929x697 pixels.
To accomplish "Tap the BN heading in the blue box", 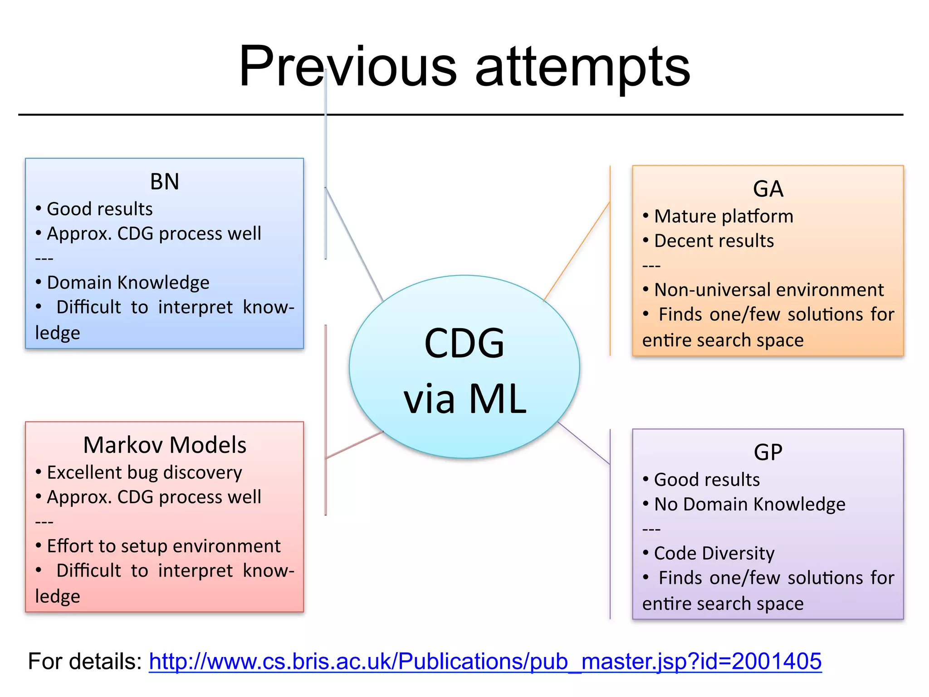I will [x=165, y=182].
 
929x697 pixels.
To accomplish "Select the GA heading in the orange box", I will [x=768, y=188].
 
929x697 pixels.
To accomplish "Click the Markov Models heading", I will [x=165, y=445].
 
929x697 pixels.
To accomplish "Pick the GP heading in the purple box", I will [x=768, y=452].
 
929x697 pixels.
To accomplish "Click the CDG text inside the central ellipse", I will [x=464, y=344].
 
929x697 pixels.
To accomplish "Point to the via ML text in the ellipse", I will [x=465, y=399].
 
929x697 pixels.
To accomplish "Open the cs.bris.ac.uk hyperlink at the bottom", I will [x=485, y=661].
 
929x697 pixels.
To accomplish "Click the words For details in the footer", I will [x=85, y=661].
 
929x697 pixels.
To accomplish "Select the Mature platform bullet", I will [x=724, y=216].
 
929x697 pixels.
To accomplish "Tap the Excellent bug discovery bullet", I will [x=144, y=472].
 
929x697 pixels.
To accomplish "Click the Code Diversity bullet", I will [x=714, y=553].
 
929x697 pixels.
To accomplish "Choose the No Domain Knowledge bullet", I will [x=749, y=504].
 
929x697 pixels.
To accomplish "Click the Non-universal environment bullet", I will [x=769, y=290].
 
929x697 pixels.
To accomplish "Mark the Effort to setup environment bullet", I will [x=163, y=546].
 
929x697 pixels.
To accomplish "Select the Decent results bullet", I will [x=714, y=241].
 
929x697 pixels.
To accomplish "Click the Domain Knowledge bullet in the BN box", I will [x=128, y=282].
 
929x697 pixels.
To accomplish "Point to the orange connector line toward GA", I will [x=577, y=251].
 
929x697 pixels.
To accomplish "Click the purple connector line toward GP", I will [x=584, y=443].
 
